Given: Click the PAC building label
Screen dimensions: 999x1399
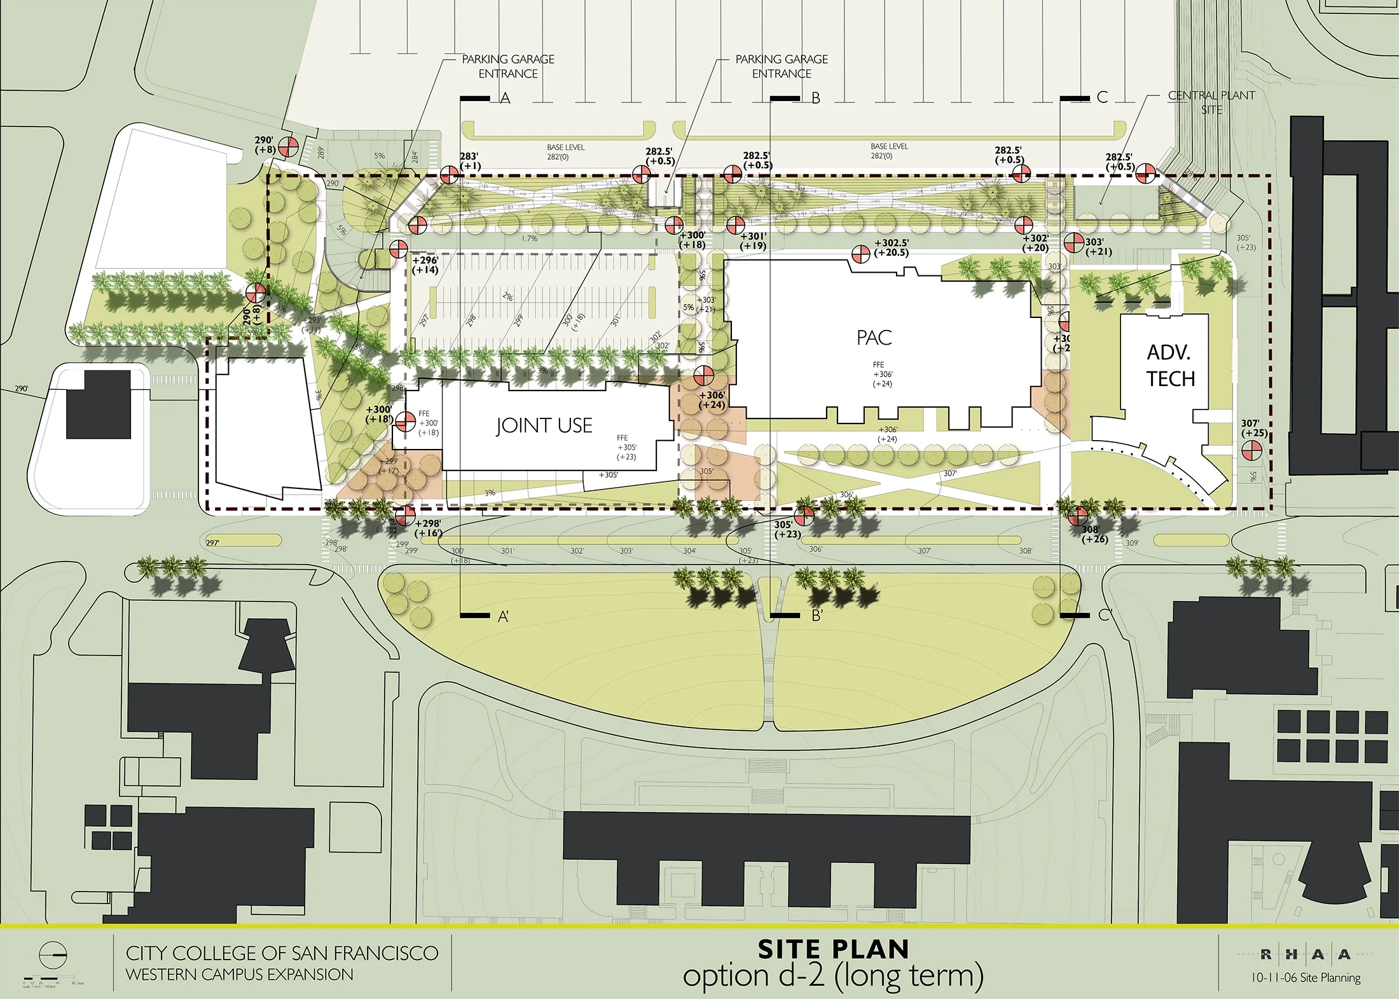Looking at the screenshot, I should [x=874, y=338].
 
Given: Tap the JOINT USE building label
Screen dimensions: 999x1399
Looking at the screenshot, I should [x=544, y=425].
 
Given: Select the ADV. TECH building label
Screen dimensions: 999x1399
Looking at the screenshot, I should [x=1170, y=366].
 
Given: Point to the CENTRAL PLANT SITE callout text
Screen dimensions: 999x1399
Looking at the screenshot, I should [x=1211, y=102].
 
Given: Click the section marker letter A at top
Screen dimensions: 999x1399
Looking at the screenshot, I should [x=506, y=98].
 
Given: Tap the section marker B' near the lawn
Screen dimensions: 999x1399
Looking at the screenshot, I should [x=817, y=616].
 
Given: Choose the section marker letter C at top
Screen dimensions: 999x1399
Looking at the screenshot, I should [x=1102, y=97].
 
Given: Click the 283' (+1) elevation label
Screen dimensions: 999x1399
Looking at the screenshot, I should [x=470, y=161].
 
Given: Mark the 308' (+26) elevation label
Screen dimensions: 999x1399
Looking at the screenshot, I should [x=1094, y=534].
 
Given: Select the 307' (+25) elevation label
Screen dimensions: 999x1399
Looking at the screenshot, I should [x=1254, y=428].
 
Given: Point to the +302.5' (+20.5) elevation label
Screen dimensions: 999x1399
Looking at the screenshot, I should [x=892, y=247].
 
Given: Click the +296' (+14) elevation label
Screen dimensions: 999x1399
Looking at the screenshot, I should [x=425, y=265].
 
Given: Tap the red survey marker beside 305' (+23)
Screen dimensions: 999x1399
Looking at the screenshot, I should [x=805, y=514].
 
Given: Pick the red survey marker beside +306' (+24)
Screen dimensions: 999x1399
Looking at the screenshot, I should [x=704, y=376].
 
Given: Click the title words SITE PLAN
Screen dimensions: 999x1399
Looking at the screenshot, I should [x=833, y=949].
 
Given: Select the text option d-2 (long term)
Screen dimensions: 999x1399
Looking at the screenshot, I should [x=833, y=976].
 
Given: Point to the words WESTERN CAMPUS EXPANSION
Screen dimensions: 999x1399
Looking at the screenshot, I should [x=239, y=974].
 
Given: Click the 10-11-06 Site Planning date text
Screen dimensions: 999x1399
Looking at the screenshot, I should [x=1306, y=977].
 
